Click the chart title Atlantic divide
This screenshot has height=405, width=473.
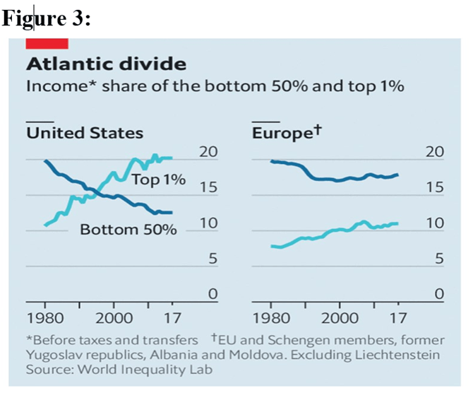tap(106, 65)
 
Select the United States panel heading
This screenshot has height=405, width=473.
tap(85, 133)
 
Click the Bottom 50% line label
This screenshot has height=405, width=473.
tap(128, 230)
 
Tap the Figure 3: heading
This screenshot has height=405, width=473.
tap(47, 19)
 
